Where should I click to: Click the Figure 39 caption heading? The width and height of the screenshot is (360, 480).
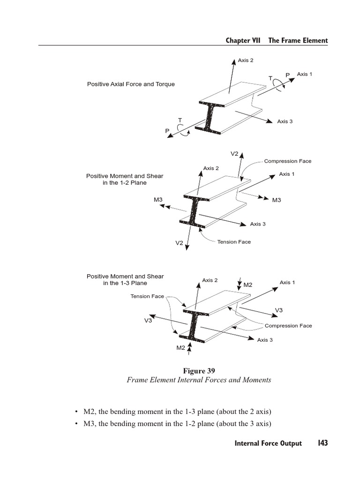[199, 370]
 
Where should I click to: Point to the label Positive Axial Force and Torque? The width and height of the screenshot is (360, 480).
[131, 84]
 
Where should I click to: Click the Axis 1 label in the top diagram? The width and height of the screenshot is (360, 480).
[304, 74]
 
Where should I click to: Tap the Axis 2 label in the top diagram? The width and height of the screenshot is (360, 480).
[246, 60]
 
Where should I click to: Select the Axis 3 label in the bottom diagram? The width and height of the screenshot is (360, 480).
[265, 340]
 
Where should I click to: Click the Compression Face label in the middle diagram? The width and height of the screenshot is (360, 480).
[287, 161]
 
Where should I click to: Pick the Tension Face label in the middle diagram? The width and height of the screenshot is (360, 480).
[234, 242]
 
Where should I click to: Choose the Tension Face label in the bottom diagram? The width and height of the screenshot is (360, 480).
[147, 296]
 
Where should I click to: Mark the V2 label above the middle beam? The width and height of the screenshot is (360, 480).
[234, 153]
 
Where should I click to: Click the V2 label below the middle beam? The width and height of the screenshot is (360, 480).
[179, 243]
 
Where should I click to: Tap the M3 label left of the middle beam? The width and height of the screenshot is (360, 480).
[158, 200]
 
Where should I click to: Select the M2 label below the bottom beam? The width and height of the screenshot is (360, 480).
[180, 347]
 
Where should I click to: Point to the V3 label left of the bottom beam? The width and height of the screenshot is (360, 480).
[148, 320]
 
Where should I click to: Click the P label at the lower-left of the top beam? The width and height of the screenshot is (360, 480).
[167, 131]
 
